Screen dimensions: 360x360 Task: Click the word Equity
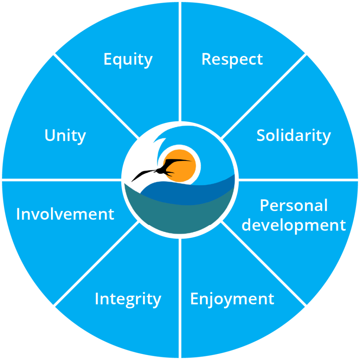point(128,60)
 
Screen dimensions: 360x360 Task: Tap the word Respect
point(232,60)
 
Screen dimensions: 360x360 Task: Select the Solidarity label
point(294,136)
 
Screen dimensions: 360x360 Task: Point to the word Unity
point(65,136)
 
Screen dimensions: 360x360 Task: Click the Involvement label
point(65,214)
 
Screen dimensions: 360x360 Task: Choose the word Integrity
point(128,299)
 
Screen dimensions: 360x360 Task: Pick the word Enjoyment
point(232,299)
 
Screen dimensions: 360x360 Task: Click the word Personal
point(294,206)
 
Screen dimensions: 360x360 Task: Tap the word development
point(294,225)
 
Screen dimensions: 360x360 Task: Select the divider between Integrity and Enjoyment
point(180,299)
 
